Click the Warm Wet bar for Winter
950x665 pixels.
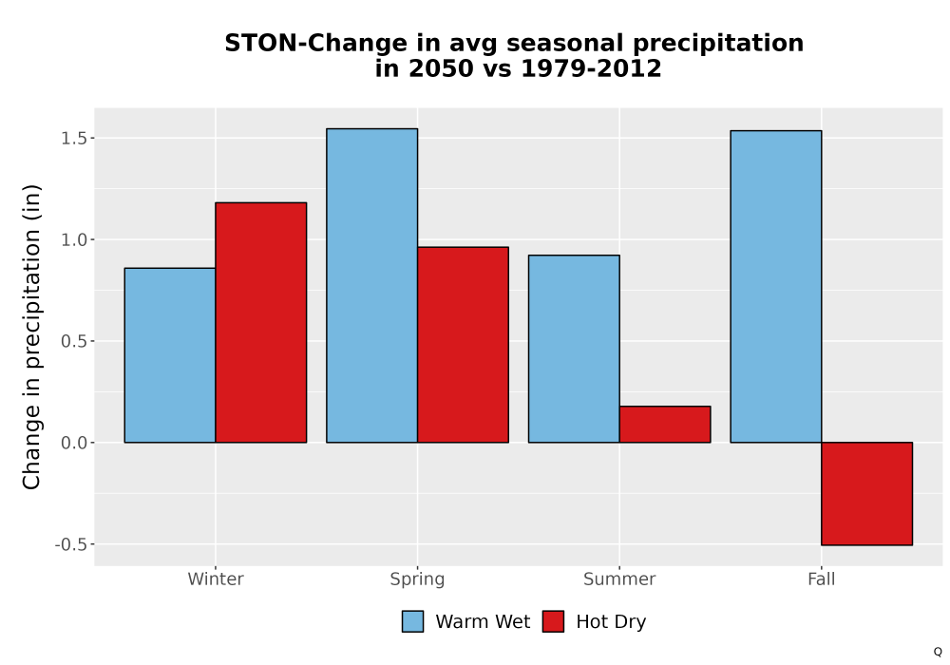(170, 355)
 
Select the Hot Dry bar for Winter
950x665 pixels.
(261, 322)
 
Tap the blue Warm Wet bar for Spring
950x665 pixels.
(372, 285)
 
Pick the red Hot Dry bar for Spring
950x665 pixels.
(463, 345)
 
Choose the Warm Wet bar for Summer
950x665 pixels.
(574, 349)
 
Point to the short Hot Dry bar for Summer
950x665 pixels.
(665, 425)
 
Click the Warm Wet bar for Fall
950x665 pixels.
(776, 287)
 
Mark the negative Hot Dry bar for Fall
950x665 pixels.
(867, 494)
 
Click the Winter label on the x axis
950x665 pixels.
(216, 579)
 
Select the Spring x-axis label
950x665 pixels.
(417, 579)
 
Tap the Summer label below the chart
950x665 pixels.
(619, 579)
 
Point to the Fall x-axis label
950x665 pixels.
(822, 579)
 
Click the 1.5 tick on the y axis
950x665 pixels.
(73, 139)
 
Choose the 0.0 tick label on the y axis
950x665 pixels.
(73, 444)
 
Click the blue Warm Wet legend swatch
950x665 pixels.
(412, 621)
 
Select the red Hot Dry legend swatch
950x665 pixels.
(553, 621)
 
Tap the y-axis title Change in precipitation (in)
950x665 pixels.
(31, 336)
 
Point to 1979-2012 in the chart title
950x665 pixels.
(591, 68)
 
